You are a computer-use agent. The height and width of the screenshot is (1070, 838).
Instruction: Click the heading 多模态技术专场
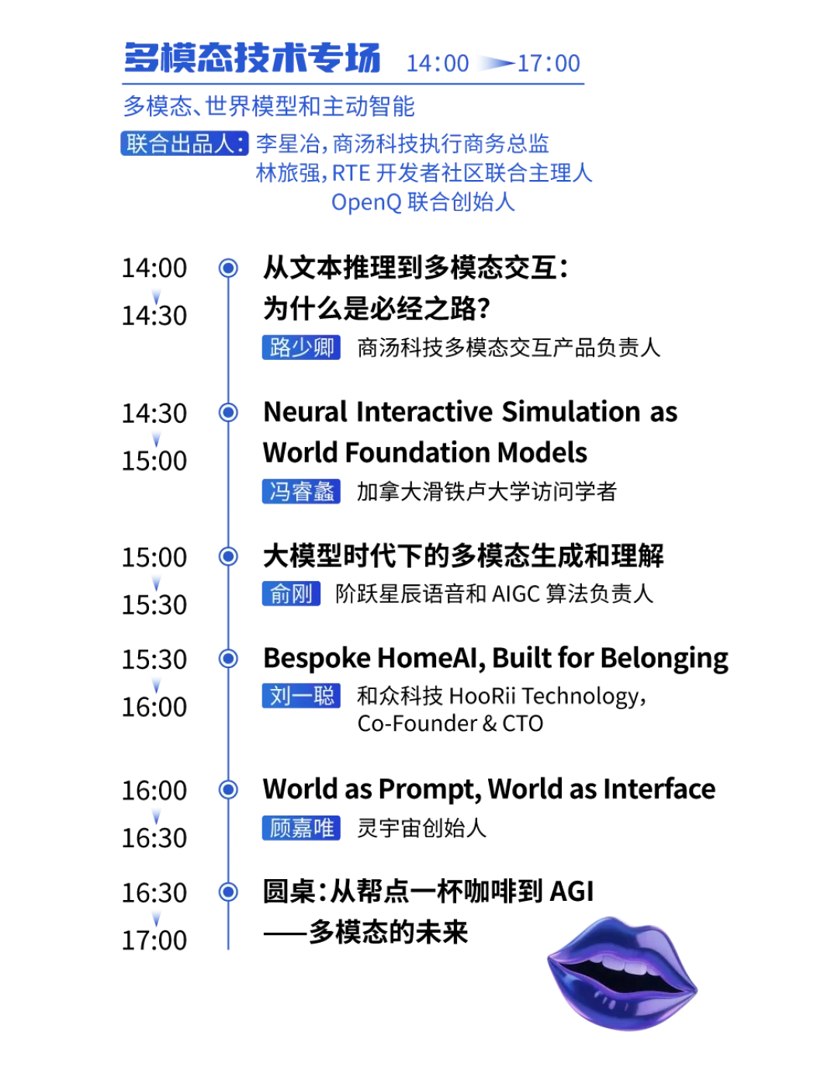click(x=252, y=58)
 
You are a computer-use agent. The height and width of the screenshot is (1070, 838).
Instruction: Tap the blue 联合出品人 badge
click(x=184, y=144)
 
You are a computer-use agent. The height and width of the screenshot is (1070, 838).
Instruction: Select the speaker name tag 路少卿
click(x=301, y=347)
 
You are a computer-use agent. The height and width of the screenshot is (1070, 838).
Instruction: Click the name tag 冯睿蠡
click(x=301, y=491)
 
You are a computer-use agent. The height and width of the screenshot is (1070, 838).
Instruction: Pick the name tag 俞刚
click(x=291, y=594)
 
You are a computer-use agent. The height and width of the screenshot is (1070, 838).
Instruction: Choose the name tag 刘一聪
click(x=301, y=695)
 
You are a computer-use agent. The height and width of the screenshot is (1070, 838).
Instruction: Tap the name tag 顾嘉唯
click(x=301, y=827)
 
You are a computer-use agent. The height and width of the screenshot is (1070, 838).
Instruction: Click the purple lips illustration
click(x=622, y=972)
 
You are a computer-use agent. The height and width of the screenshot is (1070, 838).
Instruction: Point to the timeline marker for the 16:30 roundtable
click(x=228, y=892)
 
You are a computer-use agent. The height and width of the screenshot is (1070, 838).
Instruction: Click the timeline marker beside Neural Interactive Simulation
click(x=228, y=412)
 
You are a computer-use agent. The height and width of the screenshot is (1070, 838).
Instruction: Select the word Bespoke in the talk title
click(x=317, y=659)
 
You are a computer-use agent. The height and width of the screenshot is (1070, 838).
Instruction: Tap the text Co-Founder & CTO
click(x=450, y=723)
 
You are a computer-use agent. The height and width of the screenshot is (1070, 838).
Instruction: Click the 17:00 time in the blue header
click(x=549, y=64)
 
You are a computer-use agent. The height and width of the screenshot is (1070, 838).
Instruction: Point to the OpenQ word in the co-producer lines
click(x=366, y=203)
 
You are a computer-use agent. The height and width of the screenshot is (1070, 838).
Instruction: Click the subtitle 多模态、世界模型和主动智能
click(x=268, y=106)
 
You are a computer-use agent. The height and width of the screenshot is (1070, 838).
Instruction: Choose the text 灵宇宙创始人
click(x=421, y=828)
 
